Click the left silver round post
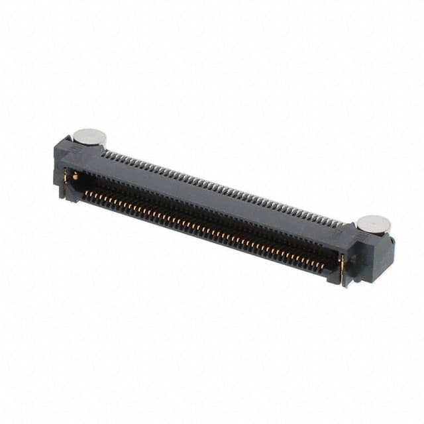(89, 136)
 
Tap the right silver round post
(373, 225)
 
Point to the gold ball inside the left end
(76, 177)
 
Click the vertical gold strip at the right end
(342, 268)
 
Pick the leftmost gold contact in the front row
(86, 193)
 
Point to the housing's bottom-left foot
(62, 194)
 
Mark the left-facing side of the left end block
(57, 166)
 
